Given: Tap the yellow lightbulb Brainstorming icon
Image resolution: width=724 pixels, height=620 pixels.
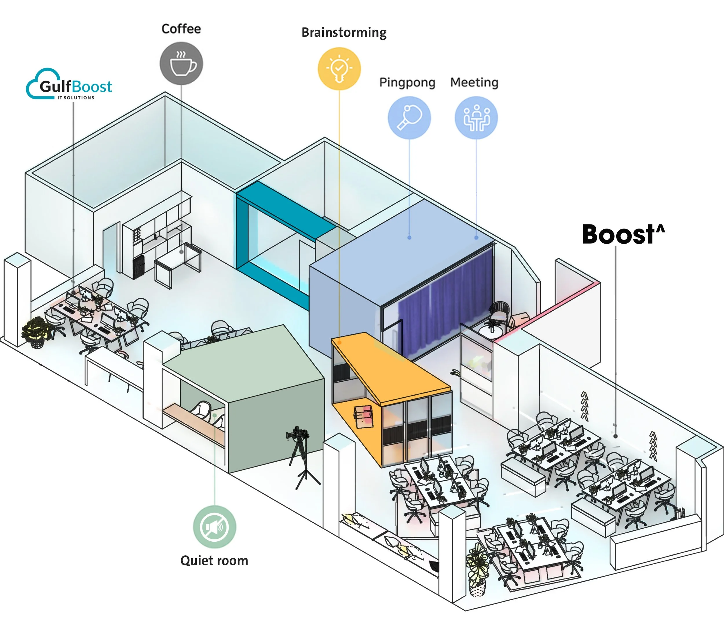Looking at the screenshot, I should pos(339,68).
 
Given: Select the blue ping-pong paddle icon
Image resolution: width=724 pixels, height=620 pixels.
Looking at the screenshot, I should pos(409,117).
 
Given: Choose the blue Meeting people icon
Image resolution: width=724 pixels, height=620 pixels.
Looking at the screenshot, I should pos(476,117).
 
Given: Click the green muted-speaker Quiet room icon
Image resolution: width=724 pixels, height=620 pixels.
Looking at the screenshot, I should pos(215,527).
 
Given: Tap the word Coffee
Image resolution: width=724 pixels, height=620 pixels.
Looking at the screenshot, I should pos(181,29).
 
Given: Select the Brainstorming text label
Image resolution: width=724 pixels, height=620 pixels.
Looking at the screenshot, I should pos(344,32).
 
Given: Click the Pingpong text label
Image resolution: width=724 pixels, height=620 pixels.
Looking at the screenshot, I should pos(407,83).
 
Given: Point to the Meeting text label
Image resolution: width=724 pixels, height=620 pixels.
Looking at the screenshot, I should pos(474,83).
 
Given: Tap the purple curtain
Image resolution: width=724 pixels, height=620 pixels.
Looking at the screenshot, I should pos(444,308).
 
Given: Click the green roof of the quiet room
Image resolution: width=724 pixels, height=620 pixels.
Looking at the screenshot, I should pos(245,360).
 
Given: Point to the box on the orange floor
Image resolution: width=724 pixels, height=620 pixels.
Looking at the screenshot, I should pos(363,416).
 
